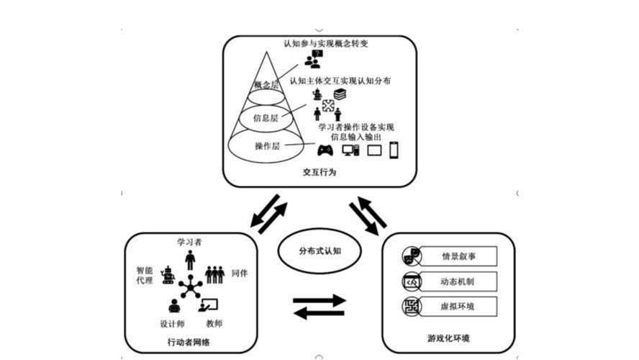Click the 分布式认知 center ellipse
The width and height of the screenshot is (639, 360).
(319, 251)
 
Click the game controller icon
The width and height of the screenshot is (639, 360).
(325, 150)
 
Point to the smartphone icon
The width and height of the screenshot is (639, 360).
(394, 150)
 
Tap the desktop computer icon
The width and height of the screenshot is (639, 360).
(350, 150)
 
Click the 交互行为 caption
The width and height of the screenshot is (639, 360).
(319, 174)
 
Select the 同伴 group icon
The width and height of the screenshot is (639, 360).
(215, 274)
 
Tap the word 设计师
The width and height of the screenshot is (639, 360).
(172, 323)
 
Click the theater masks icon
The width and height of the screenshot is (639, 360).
(411, 256)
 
